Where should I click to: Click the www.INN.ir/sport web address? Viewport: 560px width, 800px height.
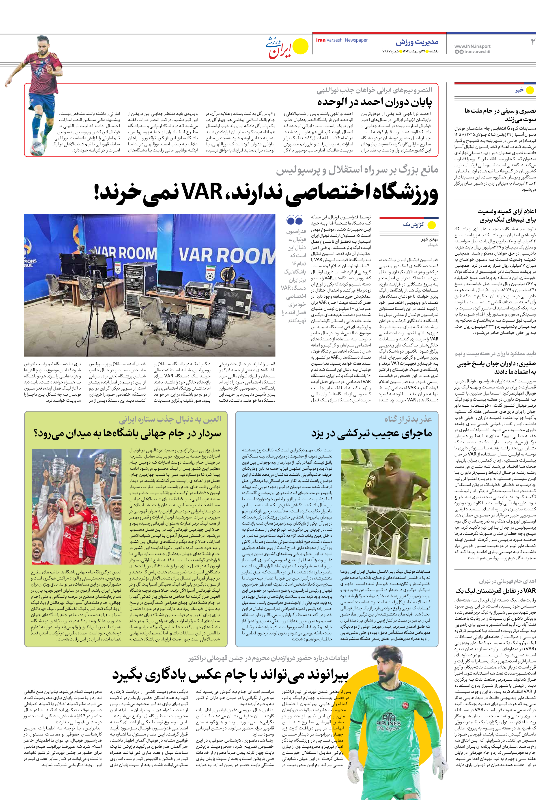[472, 46]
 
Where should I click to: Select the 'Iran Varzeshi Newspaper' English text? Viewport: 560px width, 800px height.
[342, 40]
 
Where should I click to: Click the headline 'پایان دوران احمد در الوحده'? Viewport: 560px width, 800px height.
[374, 102]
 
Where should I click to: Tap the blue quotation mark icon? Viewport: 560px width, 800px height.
[295, 220]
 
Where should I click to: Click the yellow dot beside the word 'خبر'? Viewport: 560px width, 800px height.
[530, 90]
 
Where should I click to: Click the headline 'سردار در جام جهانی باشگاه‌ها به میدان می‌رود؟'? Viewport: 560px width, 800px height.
[127, 434]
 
